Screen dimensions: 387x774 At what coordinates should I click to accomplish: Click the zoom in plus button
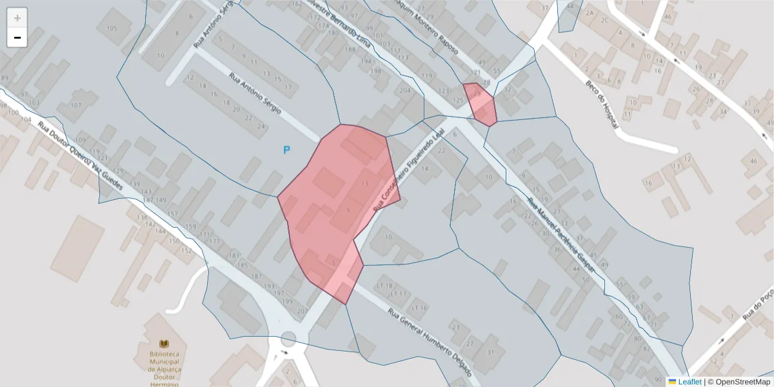[17, 18]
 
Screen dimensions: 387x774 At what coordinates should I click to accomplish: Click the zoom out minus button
[17, 38]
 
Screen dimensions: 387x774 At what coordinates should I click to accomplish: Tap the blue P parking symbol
[287, 150]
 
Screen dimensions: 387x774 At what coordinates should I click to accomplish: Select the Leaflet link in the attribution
[690, 382]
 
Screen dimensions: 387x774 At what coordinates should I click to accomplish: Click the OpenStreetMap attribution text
[740, 382]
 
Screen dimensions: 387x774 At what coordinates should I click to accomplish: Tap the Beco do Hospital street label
[602, 104]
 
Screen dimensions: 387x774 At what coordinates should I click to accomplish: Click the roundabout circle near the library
[288, 339]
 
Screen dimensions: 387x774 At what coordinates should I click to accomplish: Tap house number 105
[112, 28]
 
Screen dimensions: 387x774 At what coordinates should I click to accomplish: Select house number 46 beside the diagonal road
[753, 161]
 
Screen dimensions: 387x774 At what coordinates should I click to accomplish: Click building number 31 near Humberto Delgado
[490, 352]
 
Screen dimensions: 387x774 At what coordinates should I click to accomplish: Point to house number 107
[75, 105]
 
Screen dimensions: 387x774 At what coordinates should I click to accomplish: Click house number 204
[405, 91]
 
